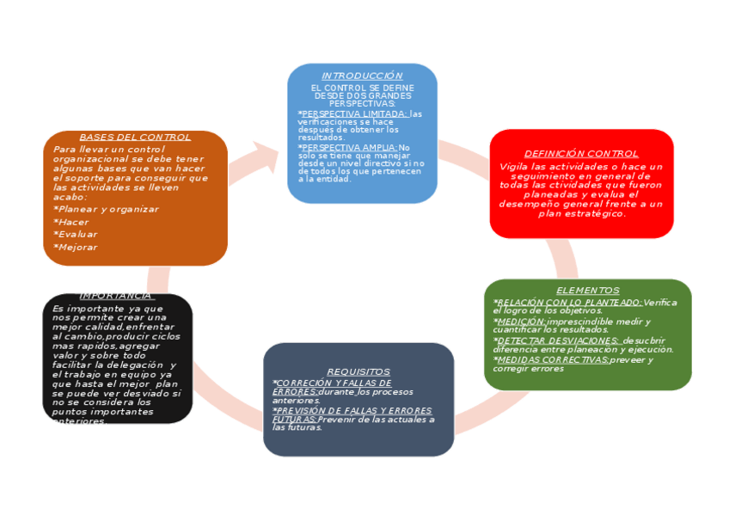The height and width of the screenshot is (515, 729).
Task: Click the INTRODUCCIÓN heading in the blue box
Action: coord(362,76)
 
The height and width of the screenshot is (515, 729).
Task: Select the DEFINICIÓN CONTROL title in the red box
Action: coord(581,154)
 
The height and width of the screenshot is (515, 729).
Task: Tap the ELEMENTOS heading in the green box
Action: coord(587,291)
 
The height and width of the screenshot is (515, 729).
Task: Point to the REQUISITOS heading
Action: coord(358,371)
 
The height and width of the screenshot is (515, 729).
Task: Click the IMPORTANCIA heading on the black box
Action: coord(116,296)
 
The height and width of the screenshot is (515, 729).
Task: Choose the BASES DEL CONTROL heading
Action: coord(135,137)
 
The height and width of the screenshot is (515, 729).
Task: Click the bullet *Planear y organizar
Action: coord(106,209)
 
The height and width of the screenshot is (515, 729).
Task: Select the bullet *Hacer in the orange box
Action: coord(70,222)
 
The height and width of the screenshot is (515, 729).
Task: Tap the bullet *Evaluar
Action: coord(75,234)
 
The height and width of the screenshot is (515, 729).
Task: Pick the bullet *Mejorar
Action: coord(75,247)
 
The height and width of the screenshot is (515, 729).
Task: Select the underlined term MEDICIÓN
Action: coord(521,321)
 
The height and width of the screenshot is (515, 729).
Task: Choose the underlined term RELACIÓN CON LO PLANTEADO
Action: coord(569,302)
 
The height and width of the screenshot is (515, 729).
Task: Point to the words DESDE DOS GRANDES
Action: coord(362,95)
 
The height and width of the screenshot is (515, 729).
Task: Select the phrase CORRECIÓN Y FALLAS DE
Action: coord(332,383)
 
